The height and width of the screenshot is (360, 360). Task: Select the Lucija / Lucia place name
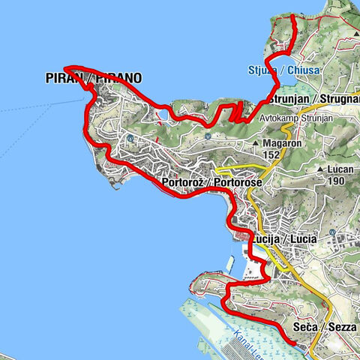[x=285, y=238]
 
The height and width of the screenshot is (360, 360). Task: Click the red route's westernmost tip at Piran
[x=65, y=67]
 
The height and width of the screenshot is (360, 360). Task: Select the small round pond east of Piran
[x=163, y=114]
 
